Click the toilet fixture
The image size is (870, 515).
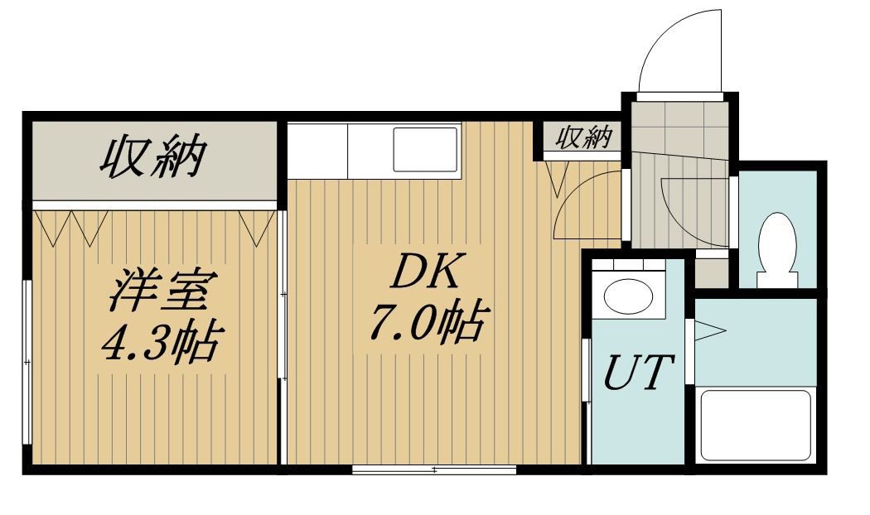click(x=778, y=250)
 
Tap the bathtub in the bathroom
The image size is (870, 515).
click(x=756, y=426)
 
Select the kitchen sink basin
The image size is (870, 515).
click(x=426, y=150)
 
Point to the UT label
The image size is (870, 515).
click(x=638, y=372)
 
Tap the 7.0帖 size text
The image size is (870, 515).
click(x=429, y=323)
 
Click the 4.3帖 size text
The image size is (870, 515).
click(x=162, y=341)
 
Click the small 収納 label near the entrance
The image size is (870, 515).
click(x=585, y=137)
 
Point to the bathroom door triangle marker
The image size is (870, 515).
click(x=710, y=331)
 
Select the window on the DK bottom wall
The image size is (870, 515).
click(x=434, y=470)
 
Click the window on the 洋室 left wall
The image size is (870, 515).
click(x=27, y=363)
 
